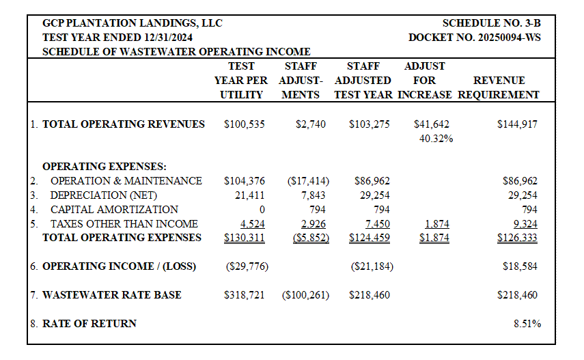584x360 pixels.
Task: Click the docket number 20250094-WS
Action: pyautogui.click(x=475, y=38)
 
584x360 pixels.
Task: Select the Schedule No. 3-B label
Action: pyautogui.click(x=492, y=23)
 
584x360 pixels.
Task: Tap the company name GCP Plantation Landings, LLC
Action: pyautogui.click(x=133, y=23)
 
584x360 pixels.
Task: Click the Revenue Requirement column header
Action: pyautogui.click(x=499, y=87)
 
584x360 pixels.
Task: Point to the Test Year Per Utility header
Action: pyautogui.click(x=241, y=80)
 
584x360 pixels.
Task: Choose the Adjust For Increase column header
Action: pyautogui.click(x=425, y=80)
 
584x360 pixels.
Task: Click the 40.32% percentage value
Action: pyautogui.click(x=436, y=139)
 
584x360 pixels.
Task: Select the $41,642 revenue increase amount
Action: pyautogui.click(x=431, y=124)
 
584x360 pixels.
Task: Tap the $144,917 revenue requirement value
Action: pyautogui.click(x=517, y=124)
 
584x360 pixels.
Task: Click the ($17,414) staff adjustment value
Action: pyautogui.click(x=308, y=181)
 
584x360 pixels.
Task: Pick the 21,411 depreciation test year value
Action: pyautogui.click(x=249, y=195)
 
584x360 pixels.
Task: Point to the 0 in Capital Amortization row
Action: pyautogui.click(x=262, y=210)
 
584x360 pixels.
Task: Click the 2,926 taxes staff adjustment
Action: pyautogui.click(x=314, y=224)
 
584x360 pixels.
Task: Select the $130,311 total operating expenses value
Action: pyautogui.click(x=245, y=238)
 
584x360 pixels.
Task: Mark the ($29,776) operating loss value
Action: pyautogui.click(x=247, y=266)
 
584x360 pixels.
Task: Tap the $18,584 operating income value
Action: pyautogui.click(x=520, y=266)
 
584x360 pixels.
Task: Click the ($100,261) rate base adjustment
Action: pyautogui.click(x=305, y=295)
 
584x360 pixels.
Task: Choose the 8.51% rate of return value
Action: pyautogui.click(x=527, y=324)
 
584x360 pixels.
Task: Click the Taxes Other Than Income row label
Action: pyautogui.click(x=124, y=223)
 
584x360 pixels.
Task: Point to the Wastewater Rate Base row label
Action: pyautogui.click(x=112, y=295)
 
